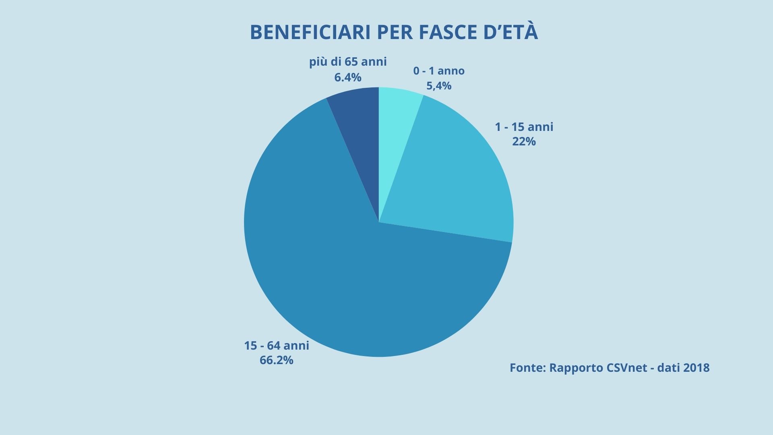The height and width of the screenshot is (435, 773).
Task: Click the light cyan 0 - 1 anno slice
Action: coord(397,121)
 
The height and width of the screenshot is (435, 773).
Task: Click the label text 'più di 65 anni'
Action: coord(348,62)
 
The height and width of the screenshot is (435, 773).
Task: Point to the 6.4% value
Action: coord(348,77)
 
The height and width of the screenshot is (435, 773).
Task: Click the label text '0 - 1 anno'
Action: coord(439,71)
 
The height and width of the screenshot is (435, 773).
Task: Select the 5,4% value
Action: coord(439,86)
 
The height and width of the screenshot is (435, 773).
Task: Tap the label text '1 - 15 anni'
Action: coord(524,127)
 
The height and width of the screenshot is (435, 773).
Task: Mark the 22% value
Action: coord(524,141)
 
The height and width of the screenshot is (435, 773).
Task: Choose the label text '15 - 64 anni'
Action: coord(277,346)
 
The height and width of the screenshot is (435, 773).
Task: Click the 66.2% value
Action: coord(277,360)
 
